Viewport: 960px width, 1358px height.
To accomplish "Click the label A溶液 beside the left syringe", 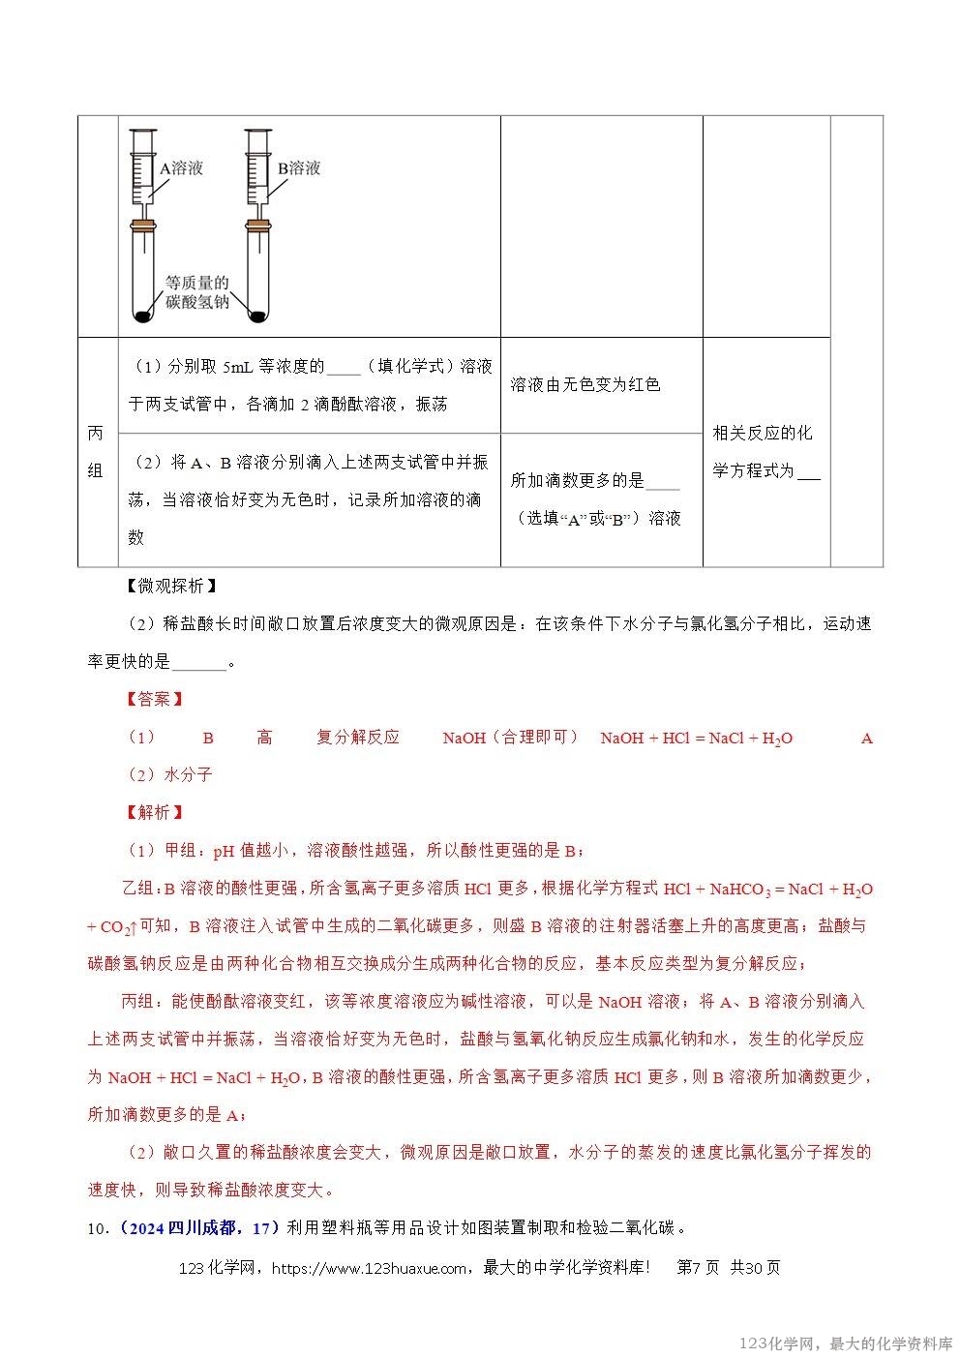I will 181,167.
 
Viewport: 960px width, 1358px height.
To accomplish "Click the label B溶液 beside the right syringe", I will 299,167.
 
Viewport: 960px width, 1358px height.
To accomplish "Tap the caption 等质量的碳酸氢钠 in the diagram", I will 196,292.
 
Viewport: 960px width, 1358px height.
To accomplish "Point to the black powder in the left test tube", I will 144,315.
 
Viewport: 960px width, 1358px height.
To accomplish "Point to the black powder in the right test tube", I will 257,315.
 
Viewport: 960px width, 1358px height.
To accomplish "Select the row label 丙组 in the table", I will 96,452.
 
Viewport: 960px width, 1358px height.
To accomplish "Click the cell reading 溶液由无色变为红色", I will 585,384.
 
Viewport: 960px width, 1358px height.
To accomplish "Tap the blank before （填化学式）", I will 344,368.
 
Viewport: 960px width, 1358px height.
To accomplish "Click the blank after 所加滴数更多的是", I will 662,481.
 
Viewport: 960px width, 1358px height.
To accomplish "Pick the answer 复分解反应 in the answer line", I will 358,738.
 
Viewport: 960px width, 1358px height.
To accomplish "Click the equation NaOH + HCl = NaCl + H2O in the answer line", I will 696,739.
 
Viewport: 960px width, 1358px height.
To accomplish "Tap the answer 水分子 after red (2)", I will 188,774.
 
